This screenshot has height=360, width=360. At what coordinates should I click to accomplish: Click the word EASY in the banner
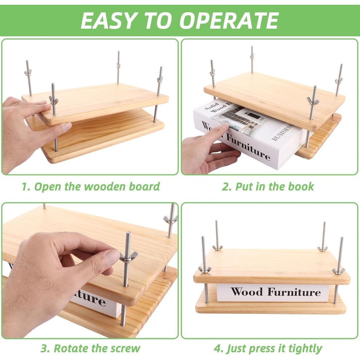point(108,20)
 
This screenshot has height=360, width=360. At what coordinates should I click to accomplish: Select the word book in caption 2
point(301,187)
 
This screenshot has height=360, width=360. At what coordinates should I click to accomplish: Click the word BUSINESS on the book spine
point(283,132)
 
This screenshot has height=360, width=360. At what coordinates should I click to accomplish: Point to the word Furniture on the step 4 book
point(294,292)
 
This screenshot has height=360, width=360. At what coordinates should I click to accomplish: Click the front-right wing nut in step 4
point(338,271)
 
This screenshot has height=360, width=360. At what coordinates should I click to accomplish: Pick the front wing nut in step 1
point(53,100)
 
